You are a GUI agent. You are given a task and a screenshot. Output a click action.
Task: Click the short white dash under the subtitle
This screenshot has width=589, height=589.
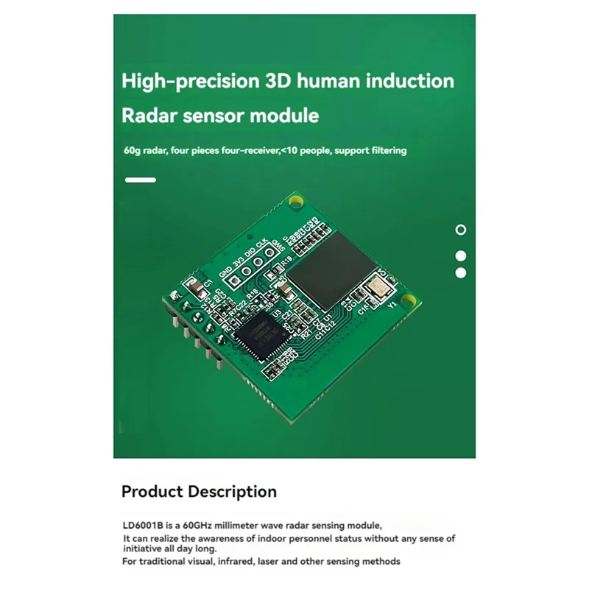(x=141, y=180)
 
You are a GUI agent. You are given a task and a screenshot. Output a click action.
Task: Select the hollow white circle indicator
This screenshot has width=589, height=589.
(x=461, y=230)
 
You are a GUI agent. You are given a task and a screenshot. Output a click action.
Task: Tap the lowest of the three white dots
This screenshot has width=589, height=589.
(x=461, y=272)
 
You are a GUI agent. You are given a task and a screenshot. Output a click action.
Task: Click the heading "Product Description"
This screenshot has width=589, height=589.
(x=199, y=492)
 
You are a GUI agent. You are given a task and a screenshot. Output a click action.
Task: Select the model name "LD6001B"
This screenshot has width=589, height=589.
(x=142, y=526)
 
